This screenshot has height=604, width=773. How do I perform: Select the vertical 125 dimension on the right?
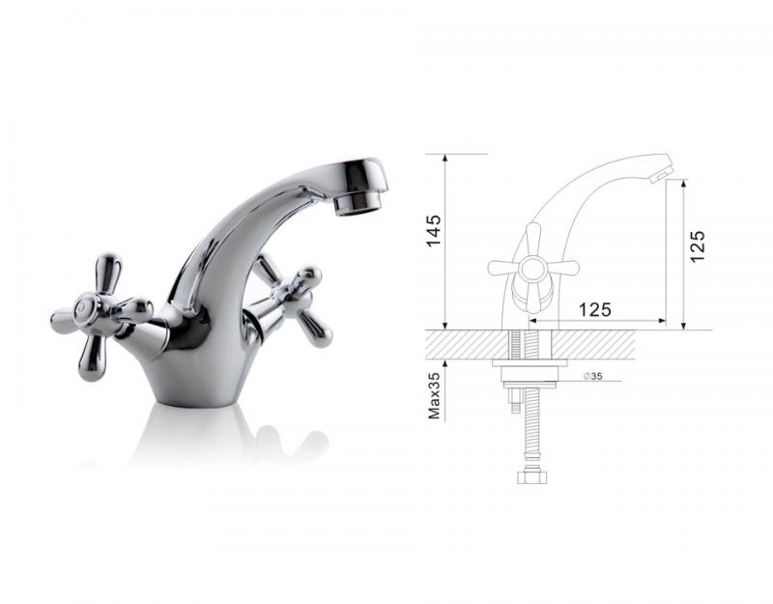click(x=698, y=246)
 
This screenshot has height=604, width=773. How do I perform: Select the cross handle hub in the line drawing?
click(x=532, y=267)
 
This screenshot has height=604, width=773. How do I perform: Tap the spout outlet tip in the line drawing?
click(x=662, y=172)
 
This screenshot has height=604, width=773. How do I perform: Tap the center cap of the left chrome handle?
click(x=88, y=310)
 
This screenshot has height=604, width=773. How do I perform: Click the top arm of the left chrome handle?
click(x=107, y=273)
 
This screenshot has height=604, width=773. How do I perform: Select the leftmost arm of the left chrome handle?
click(x=63, y=322)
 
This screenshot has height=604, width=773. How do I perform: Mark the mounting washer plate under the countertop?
click(x=529, y=364)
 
